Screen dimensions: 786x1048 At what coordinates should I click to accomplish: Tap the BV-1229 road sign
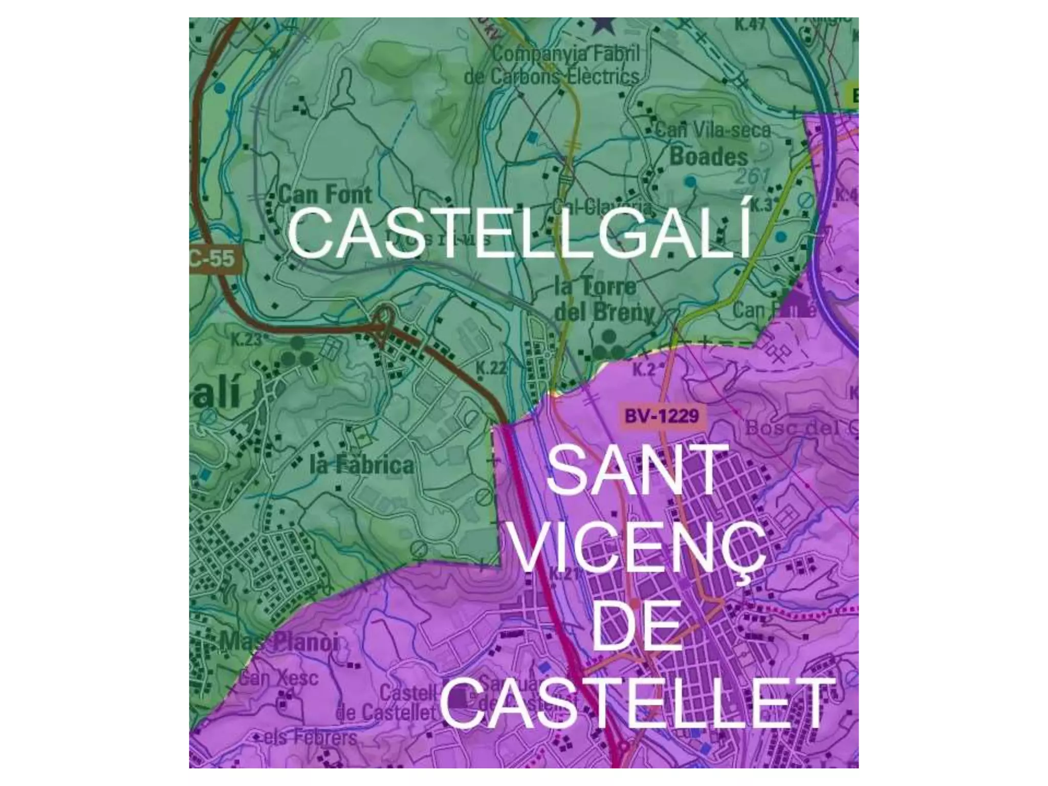661,416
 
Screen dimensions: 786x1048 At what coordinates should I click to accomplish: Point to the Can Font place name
325,195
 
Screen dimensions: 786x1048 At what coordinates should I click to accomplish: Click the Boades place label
709,157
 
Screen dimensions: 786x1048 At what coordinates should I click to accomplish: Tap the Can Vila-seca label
712,130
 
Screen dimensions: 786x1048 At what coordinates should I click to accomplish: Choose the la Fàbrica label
362,465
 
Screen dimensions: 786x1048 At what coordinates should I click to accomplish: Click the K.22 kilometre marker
491,367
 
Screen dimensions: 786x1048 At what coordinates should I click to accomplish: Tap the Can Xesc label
279,679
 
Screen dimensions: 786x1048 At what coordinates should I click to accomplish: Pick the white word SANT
637,470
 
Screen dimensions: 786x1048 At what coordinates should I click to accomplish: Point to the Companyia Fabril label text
565,53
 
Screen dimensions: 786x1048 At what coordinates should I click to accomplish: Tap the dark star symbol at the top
604,25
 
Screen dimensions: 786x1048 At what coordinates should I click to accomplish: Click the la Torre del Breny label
604,299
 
